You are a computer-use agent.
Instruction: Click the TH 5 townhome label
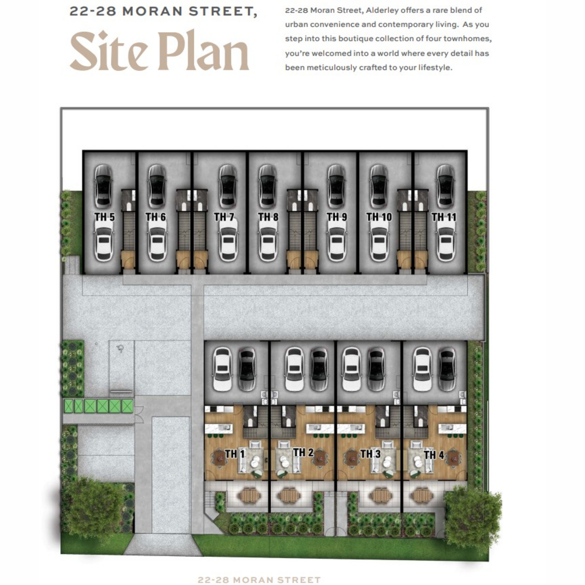pos(104,217)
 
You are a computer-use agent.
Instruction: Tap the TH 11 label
pos(444,217)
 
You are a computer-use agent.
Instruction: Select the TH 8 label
pos(268,217)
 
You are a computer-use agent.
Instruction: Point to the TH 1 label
pos(234,454)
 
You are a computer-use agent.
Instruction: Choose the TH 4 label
pos(434,455)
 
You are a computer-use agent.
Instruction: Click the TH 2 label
pos(303,452)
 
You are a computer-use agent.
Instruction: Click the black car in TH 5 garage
pos(103,186)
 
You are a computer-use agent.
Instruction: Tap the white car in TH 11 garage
pos(446,240)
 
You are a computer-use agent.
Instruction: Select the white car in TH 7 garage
pos(228,240)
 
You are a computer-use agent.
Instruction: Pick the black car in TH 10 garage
pos(379,186)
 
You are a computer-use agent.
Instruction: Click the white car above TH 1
pos(222,369)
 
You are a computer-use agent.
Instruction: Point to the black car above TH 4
pos(447,369)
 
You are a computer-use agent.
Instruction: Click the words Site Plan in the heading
pos(160,50)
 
